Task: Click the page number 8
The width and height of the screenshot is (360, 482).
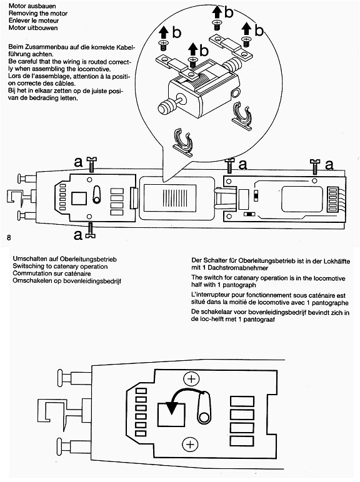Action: [x=9, y=238]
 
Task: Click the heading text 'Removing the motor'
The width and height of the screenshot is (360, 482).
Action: [x=38, y=14]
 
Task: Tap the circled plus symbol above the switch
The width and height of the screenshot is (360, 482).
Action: [x=191, y=379]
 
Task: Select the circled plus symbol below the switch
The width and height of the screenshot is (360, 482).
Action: [x=191, y=445]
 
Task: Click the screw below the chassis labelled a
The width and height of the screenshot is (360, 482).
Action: [x=90, y=230]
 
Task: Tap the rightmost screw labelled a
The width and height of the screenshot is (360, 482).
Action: [x=314, y=167]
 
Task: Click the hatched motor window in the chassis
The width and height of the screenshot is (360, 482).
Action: [x=170, y=198]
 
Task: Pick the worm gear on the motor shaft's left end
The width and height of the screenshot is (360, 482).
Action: [x=166, y=106]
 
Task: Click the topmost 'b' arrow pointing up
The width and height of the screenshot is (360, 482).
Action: [x=217, y=12]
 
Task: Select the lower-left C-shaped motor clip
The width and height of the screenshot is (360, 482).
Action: [x=183, y=142]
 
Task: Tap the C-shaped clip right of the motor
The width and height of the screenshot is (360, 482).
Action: [x=242, y=116]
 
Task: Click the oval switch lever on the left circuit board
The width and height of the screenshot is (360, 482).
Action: [x=97, y=195]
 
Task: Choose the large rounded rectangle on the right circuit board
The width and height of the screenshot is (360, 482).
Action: [x=302, y=199]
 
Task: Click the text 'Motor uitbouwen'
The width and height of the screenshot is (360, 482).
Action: [x=33, y=28]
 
